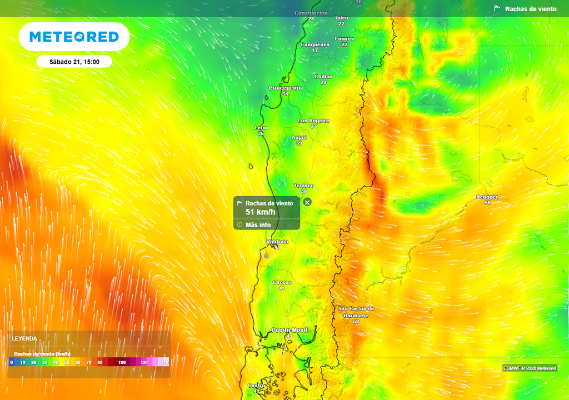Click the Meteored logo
point(74,37)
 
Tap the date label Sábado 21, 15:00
point(74,62)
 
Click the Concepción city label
point(285,88)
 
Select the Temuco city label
point(304,186)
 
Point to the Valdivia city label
point(277,242)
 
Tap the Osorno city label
point(282,283)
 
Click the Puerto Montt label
point(290,330)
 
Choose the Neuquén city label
point(487,197)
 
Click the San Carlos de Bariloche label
point(356,312)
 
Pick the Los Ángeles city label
point(313,121)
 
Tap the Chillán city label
point(323,77)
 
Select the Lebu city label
point(261,128)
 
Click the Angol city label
point(299,137)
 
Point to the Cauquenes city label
point(315,44)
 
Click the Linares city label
point(345,39)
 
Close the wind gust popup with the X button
point(307,202)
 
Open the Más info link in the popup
point(258,225)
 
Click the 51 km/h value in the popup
point(260,212)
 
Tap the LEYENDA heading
point(25,338)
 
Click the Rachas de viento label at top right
point(530,9)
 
